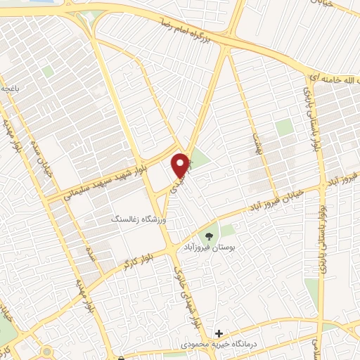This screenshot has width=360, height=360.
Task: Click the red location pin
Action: pyautogui.click(x=181, y=165)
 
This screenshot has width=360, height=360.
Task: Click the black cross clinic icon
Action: pyautogui.click(x=219, y=333)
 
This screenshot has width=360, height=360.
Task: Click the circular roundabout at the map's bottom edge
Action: pyautogui.click(x=47, y=351)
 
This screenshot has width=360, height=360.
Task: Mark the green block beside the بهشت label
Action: pyautogui.click(x=284, y=127)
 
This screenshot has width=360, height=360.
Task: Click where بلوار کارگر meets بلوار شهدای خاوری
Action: pyautogui.click(x=171, y=250)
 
